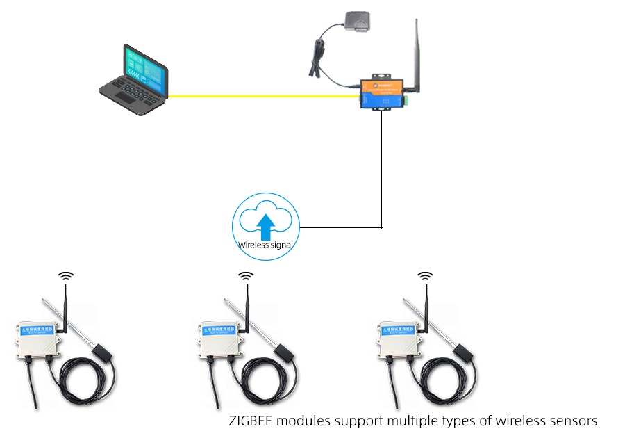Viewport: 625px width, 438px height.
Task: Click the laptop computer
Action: tap(134, 79)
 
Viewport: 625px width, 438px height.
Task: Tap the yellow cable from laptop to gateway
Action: tap(264, 97)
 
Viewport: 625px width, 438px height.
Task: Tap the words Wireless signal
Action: tap(265, 245)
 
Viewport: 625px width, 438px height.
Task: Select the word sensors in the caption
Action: tap(574, 421)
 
